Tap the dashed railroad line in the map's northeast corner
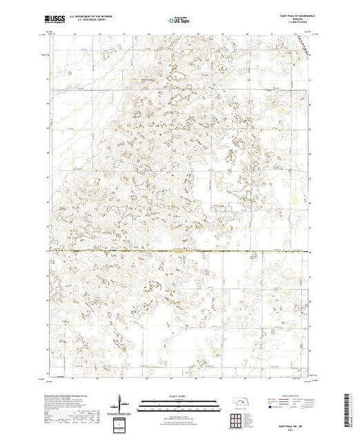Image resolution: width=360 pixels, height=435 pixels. pos(304,46)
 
